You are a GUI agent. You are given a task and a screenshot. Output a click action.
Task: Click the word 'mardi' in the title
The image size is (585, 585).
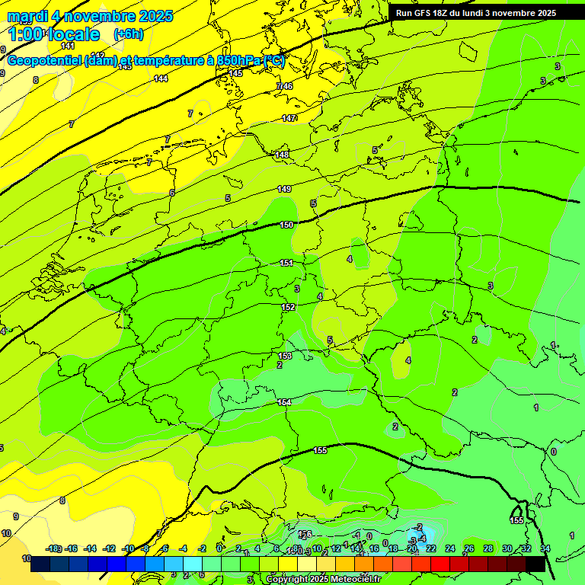click(27, 16)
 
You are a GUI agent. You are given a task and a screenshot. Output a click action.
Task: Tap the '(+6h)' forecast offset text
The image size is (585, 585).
click(128, 34)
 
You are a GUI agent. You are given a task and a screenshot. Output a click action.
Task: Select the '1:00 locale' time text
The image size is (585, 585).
click(53, 34)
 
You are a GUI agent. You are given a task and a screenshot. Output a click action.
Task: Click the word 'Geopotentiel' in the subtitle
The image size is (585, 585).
click(45, 61)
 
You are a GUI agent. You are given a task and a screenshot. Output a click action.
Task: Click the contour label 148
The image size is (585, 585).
click(282, 155)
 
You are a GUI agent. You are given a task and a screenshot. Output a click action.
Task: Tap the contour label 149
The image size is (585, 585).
click(284, 189)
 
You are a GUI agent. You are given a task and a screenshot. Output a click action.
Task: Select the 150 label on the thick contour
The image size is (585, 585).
click(286, 225)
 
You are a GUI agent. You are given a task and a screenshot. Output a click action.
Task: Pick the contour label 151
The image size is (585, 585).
click(286, 263)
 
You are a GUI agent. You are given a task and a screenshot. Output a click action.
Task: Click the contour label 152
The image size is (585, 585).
click(288, 307)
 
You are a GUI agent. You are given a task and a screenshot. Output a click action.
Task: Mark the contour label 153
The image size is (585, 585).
click(285, 356)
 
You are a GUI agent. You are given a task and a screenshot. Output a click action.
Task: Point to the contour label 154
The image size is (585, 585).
click(284, 402)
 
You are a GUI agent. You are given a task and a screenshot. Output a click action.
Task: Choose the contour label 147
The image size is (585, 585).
click(289, 118)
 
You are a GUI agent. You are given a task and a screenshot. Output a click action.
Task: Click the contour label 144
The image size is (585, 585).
click(161, 78)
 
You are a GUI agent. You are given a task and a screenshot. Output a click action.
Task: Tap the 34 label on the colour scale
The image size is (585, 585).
click(545, 548)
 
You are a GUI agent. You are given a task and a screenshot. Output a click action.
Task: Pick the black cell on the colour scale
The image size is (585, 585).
click(535, 564)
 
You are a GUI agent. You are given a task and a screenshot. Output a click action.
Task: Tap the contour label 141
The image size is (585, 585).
click(68, 46)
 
